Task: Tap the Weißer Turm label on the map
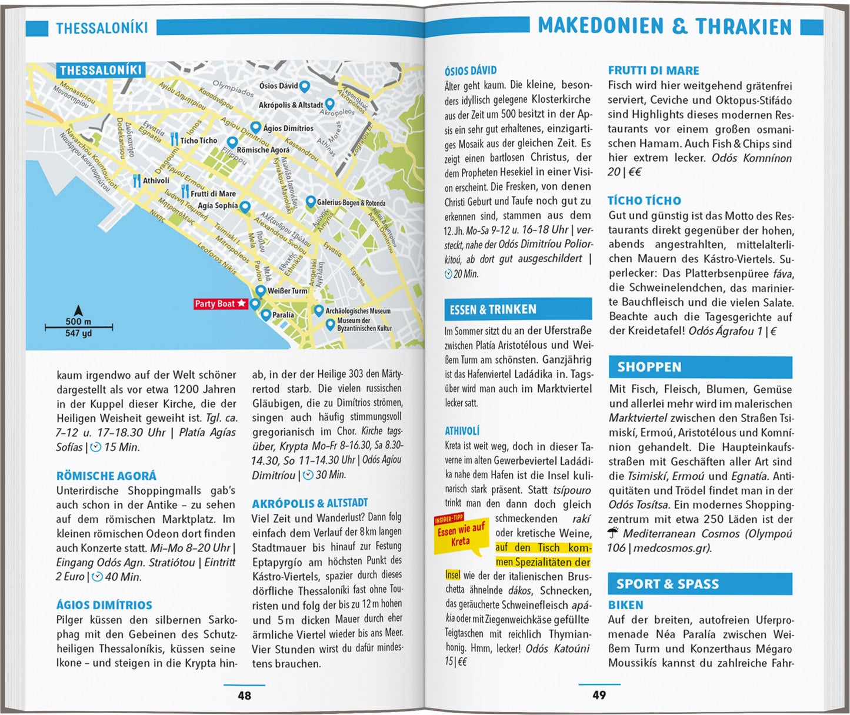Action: pyautogui.click(x=287, y=291)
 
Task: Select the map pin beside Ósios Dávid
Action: pyautogui.click(x=304, y=86)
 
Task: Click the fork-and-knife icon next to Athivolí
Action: pyautogui.click(x=136, y=181)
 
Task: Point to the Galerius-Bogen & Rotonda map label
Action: pyautogui.click(x=351, y=203)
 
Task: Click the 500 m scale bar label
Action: pyautogui.click(x=78, y=322)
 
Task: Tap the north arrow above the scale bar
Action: pyautogui.click(x=78, y=310)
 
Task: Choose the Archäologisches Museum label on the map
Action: pyautogui.click(x=358, y=311)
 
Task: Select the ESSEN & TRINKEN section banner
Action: pyautogui.click(x=518, y=309)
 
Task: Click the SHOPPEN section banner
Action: pyautogui.click(x=700, y=367)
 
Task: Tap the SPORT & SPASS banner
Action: pyautogui.click(x=700, y=584)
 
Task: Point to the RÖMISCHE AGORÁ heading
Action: pyautogui.click(x=106, y=476)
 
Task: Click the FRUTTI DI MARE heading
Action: pyautogui.click(x=654, y=71)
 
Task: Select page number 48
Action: pyautogui.click(x=244, y=696)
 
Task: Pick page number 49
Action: pyautogui.click(x=599, y=695)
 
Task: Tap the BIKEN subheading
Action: pyautogui.click(x=625, y=605)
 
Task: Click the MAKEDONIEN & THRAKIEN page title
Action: pyautogui.click(x=665, y=26)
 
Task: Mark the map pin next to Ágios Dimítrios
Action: pyautogui.click(x=255, y=127)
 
